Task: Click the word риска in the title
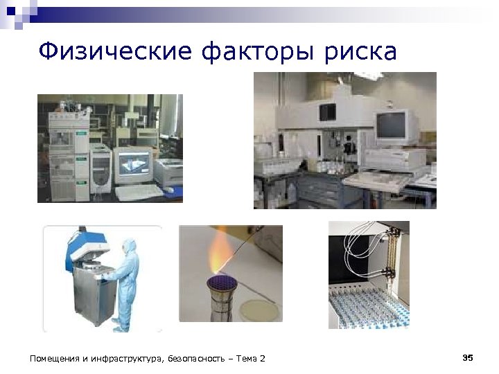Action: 362,51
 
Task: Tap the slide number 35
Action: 467,357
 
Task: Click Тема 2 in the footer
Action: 251,358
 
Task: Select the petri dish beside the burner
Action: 261,311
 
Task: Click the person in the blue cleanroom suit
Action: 127,280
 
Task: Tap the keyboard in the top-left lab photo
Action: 139,191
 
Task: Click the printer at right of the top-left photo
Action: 168,172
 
